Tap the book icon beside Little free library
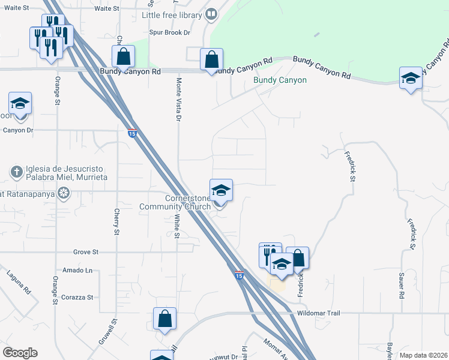point(211,14)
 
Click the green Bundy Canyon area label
point(280,80)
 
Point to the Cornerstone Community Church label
point(173,202)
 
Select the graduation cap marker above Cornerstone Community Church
point(220,191)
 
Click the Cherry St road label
point(116,221)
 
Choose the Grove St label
point(85,253)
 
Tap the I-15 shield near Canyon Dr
point(131,132)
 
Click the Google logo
point(20,353)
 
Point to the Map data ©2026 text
point(423,355)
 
